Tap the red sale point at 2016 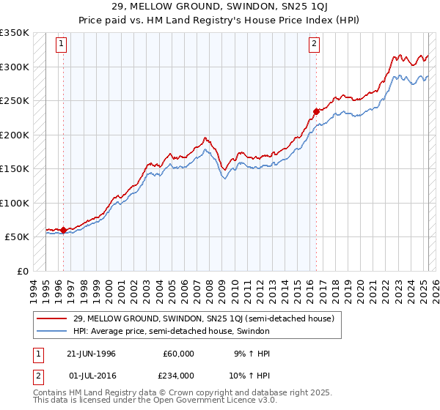[316, 111]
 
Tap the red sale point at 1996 [63, 230]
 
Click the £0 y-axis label [22, 271]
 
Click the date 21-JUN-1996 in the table [91, 354]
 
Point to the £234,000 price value [178, 375]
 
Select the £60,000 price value [178, 354]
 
